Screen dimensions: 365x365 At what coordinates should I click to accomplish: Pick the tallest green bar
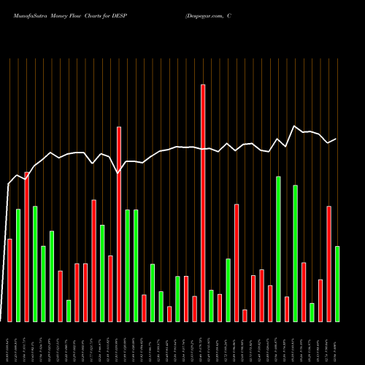[x=278, y=249]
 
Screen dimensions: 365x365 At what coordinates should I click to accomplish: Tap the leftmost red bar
[x=9, y=280]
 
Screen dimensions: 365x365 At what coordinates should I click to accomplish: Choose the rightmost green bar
[x=337, y=284]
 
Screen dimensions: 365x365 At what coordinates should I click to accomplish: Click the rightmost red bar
[x=328, y=264]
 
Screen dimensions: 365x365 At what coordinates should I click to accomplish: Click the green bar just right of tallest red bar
[x=211, y=306]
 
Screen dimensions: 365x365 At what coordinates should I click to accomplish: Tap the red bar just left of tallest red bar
[x=194, y=309]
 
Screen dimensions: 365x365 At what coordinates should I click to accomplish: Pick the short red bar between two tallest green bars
[x=287, y=309]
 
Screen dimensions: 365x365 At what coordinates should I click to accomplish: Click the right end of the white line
[x=337, y=139]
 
